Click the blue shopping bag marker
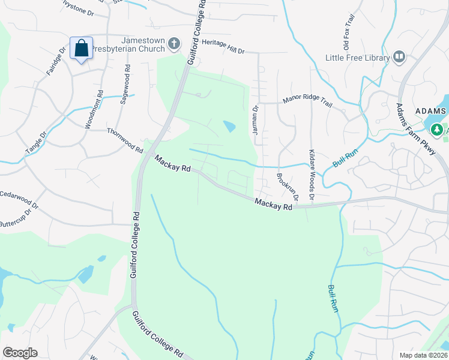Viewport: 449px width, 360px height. [x=81, y=48]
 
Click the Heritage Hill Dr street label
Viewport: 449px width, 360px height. [x=223, y=51]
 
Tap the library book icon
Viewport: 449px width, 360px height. [x=399, y=57]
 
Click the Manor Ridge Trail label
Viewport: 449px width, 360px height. [x=307, y=103]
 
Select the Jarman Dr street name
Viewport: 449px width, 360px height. [x=255, y=125]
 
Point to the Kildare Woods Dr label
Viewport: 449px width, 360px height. [x=312, y=174]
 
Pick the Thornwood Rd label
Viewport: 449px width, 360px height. [x=125, y=140]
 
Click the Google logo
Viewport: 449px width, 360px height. [x=20, y=353]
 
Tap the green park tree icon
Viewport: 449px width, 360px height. [x=437, y=129]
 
